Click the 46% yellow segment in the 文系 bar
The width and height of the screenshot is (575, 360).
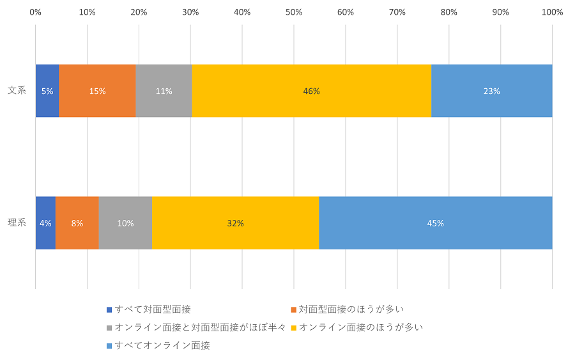(311, 91)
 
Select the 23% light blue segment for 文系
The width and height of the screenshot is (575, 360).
(491, 91)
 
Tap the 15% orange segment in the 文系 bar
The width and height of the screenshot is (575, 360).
(97, 91)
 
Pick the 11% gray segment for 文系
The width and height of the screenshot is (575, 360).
(164, 91)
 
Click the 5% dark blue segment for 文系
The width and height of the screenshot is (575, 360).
(47, 91)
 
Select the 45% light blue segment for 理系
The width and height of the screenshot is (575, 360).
(435, 223)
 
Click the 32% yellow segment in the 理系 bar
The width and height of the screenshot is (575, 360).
(235, 223)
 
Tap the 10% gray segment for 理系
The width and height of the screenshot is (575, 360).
(125, 223)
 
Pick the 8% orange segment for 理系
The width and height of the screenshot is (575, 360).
(77, 223)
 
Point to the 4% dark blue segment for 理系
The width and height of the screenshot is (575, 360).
(45, 223)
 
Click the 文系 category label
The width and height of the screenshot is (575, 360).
(17, 91)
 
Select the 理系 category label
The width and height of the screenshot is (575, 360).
(17, 223)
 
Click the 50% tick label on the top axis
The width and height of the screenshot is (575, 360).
(294, 12)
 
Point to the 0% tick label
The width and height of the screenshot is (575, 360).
(36, 12)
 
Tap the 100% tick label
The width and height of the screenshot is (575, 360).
(552, 12)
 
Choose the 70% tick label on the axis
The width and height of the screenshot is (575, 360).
(397, 12)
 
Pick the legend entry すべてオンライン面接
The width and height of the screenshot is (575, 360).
(162, 345)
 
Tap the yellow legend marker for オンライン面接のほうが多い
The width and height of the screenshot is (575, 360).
(293, 328)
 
